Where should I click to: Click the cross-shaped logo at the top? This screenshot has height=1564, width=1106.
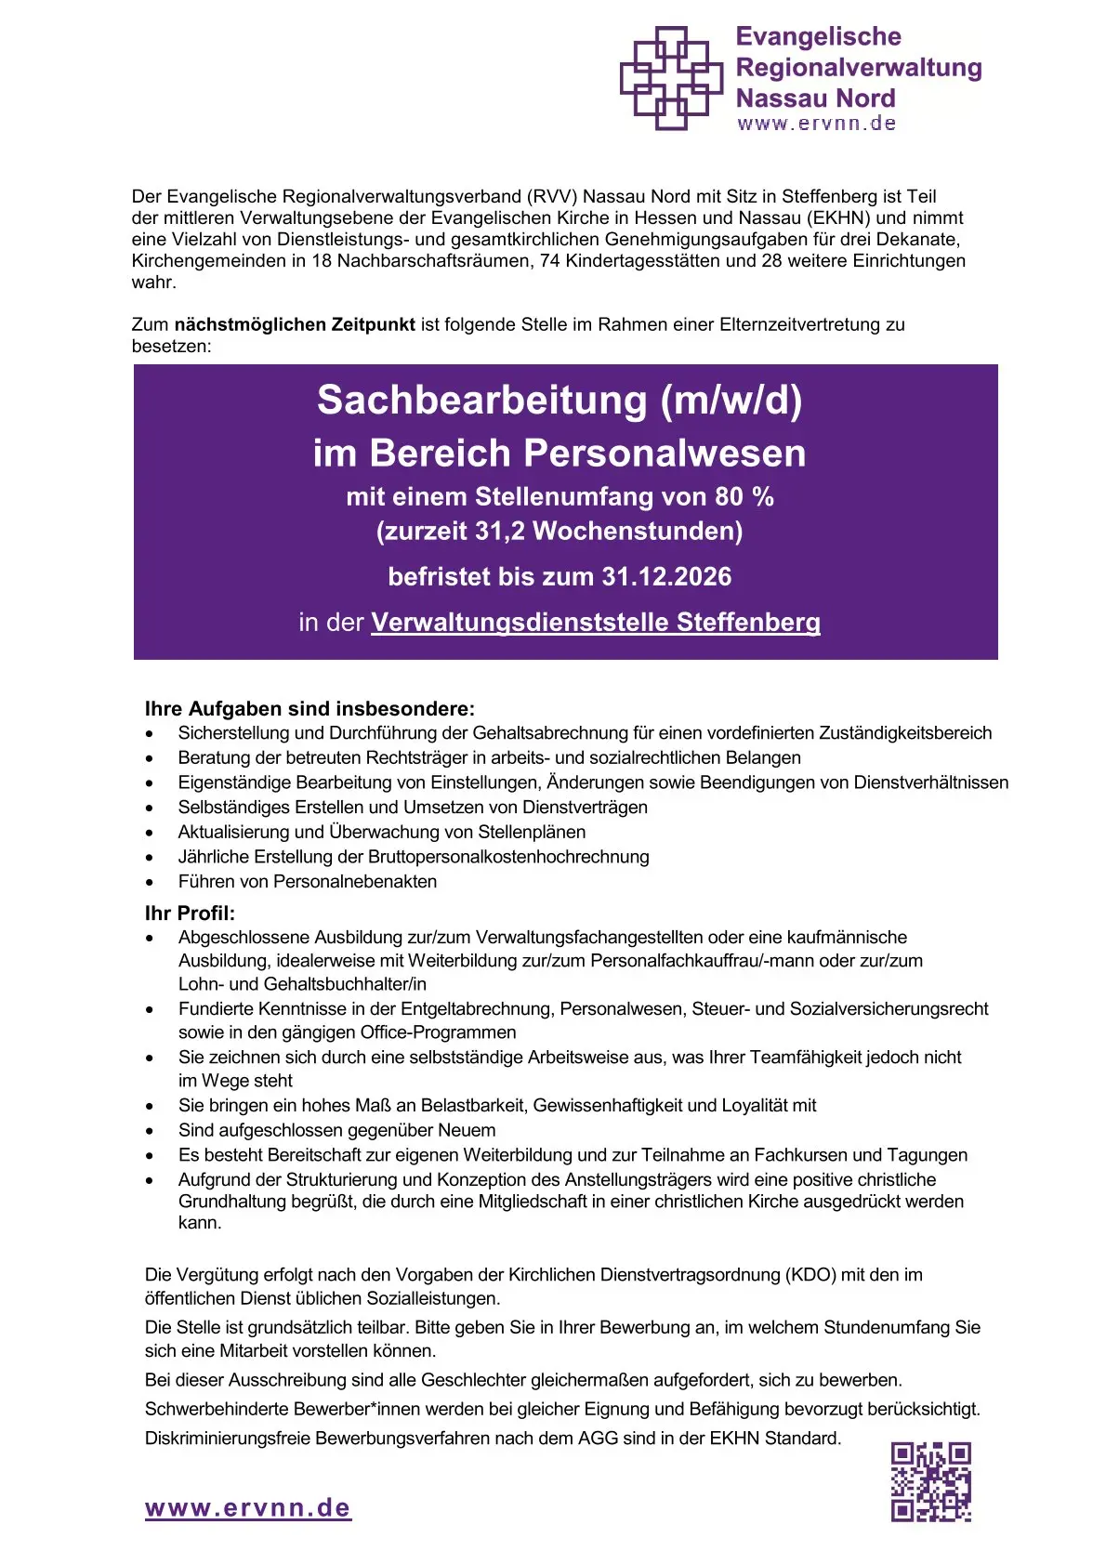[x=671, y=78]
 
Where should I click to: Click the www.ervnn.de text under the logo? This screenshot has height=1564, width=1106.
[x=816, y=124]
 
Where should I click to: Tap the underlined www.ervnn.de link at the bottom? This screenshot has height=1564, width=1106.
[x=248, y=1507]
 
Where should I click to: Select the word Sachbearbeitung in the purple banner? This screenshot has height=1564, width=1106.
[x=481, y=401]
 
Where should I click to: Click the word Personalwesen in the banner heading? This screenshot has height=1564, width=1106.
[x=665, y=453]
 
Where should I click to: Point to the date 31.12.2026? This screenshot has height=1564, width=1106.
[x=666, y=577]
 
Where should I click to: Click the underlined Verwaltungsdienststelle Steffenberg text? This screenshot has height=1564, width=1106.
[x=596, y=623]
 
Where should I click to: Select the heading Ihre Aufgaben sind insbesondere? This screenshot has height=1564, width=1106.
[x=309, y=709]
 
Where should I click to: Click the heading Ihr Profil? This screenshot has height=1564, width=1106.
[x=190, y=913]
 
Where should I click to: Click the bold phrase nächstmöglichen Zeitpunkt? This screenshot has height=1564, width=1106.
[x=295, y=324]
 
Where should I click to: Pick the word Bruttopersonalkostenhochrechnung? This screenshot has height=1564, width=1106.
[x=508, y=857]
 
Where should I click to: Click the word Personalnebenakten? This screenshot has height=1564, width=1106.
[x=360, y=882]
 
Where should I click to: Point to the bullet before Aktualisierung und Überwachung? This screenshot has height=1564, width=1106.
[x=150, y=833]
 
